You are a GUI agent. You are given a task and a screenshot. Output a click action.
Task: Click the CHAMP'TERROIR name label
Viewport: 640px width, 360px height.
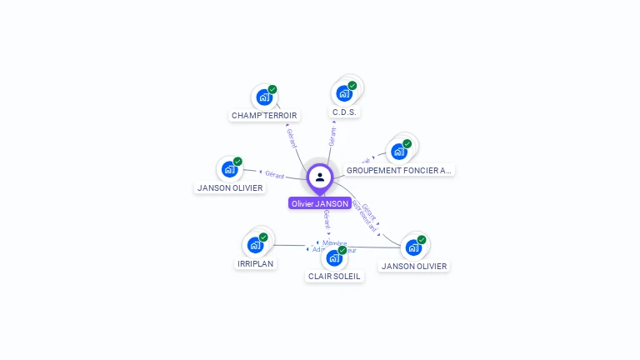pyautogui.click(x=264, y=116)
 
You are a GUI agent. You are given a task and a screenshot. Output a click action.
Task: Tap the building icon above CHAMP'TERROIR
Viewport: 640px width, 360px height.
pyautogui.click(x=263, y=97)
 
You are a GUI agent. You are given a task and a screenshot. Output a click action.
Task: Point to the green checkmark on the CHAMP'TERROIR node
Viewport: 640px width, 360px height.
pyautogui.click(x=272, y=89)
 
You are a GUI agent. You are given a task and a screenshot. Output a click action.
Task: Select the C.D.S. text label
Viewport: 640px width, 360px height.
pyautogui.click(x=346, y=112)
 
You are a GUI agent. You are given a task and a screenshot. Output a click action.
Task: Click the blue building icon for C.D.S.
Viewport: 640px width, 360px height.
pyautogui.click(x=343, y=93)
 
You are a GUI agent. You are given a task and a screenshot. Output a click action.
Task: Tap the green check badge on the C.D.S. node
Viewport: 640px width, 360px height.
pyautogui.click(x=352, y=85)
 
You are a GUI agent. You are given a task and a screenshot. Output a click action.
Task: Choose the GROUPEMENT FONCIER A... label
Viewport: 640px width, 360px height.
pyautogui.click(x=399, y=170)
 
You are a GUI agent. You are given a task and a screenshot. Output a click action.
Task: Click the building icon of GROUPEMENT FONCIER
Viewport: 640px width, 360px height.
pyautogui.click(x=398, y=151)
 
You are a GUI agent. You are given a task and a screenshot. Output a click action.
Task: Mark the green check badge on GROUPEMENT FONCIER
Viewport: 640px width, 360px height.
pyautogui.click(x=407, y=143)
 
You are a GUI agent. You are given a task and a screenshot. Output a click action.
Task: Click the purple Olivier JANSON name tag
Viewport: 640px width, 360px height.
pyautogui.click(x=320, y=203)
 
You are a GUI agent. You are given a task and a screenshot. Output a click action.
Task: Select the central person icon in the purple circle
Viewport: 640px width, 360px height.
pyautogui.click(x=320, y=177)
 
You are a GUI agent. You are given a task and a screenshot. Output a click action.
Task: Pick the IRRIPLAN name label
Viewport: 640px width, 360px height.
pyautogui.click(x=255, y=263)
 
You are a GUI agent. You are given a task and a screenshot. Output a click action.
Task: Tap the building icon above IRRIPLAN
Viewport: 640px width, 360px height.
pyautogui.click(x=254, y=245)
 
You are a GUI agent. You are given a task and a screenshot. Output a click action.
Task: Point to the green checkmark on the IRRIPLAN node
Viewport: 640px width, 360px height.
pyautogui.click(x=263, y=237)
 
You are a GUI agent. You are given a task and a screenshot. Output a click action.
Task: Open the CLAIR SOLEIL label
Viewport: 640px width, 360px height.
pyautogui.click(x=334, y=276)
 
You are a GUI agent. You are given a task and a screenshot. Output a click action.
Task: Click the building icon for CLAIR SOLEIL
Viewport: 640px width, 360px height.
pyautogui.click(x=333, y=257)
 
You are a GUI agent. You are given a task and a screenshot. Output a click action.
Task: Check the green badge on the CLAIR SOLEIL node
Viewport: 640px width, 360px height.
pyautogui.click(x=342, y=250)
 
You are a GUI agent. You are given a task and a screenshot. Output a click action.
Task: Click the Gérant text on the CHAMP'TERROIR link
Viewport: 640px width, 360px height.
pyautogui.click(x=292, y=138)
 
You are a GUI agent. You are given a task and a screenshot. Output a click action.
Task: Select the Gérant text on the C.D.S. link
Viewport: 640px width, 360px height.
pyautogui.click(x=332, y=137)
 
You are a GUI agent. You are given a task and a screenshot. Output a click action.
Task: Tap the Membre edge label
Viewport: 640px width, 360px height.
pyautogui.click(x=334, y=242)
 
